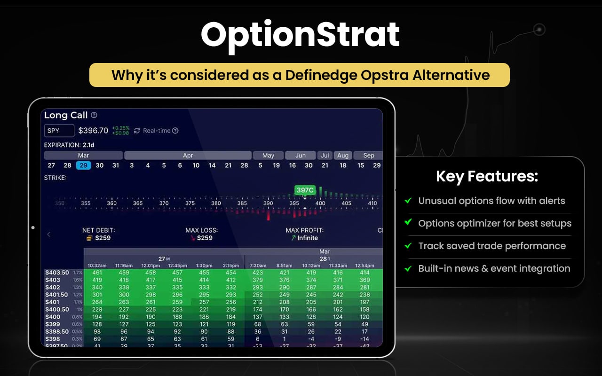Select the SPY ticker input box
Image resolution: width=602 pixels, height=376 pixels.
click(x=59, y=131)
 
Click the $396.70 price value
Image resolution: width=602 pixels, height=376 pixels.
click(x=93, y=131)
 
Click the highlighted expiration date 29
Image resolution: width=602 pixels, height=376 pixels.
click(x=83, y=165)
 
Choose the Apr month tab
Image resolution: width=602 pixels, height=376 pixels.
click(x=188, y=156)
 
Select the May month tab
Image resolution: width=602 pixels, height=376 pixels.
click(x=268, y=156)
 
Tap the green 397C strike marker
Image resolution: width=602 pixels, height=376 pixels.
click(x=305, y=190)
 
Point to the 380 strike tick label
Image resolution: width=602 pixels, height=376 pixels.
click(x=216, y=204)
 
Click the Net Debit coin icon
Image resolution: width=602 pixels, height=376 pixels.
click(x=88, y=238)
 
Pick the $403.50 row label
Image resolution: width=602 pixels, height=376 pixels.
click(x=57, y=273)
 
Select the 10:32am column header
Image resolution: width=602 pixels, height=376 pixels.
click(x=97, y=266)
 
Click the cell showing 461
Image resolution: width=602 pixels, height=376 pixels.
click(x=97, y=273)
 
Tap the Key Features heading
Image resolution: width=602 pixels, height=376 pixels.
click(x=487, y=177)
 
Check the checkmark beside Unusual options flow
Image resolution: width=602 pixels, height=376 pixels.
click(x=408, y=201)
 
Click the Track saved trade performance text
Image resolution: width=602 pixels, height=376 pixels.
click(x=492, y=246)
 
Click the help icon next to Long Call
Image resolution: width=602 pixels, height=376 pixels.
click(x=94, y=115)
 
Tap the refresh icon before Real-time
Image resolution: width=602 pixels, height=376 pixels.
click(x=137, y=131)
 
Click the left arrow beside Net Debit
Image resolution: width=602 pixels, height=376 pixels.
click(x=48, y=234)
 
